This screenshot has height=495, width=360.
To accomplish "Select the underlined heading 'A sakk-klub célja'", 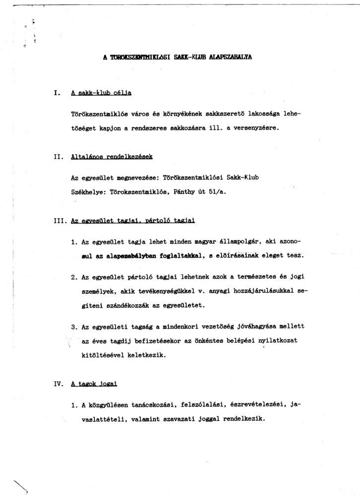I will point(101,93).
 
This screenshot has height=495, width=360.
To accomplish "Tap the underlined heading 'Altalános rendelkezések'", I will point(112,157).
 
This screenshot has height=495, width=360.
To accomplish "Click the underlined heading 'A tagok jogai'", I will point(94,384).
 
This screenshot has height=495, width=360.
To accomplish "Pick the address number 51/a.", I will point(217,190).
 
